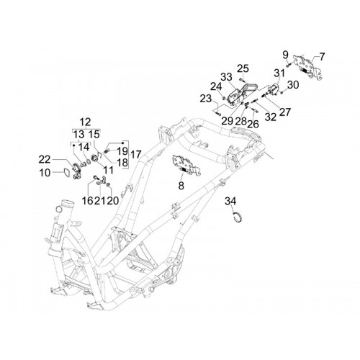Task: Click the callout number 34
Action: coord(230,201)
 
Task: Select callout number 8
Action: coord(181,185)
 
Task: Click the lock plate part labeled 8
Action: coord(186,165)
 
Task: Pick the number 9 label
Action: coord(285,55)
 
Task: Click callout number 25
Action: coord(243,68)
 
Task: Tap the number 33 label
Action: coord(226,77)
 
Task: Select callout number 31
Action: coord(279,73)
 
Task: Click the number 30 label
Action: coord(293,85)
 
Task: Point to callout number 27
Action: coord(285,112)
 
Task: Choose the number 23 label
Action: coord(206,99)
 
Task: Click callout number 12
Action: coord(86,122)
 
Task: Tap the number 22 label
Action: coord(45,159)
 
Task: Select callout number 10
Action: coord(45,172)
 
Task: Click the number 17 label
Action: coord(135,154)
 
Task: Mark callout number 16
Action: coord(87,200)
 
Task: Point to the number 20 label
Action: coord(113,200)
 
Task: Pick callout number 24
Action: coord(217,86)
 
